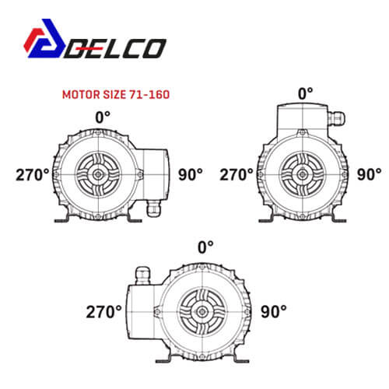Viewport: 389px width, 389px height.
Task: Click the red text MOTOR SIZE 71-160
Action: coord(116,94)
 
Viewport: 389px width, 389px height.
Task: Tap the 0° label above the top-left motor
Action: coord(103,117)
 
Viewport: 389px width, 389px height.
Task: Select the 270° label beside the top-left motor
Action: coord(33,175)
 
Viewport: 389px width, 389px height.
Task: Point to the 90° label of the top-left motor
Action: coord(191,174)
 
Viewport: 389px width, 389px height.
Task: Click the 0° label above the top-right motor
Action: coord(306,93)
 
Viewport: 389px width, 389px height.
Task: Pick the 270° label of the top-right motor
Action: coord(237,174)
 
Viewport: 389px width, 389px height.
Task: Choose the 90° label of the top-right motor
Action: coord(370,174)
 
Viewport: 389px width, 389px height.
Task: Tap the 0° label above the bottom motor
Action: coord(205,247)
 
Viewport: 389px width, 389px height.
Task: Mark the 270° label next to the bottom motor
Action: coord(103,311)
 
